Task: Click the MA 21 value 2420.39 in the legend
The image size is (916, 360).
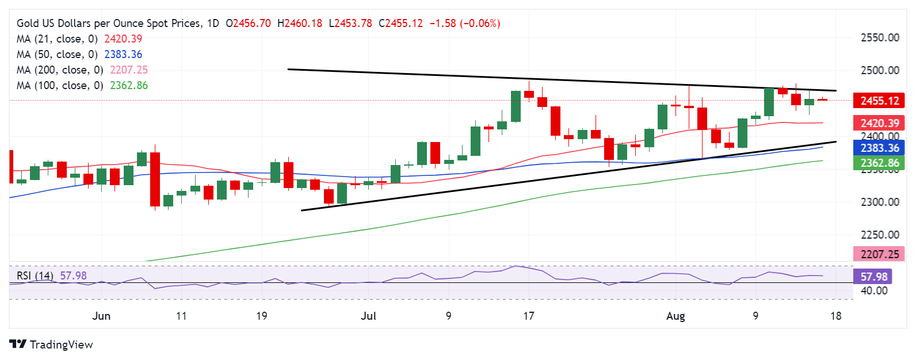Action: coord(123,39)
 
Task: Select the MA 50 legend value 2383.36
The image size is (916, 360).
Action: coord(123,55)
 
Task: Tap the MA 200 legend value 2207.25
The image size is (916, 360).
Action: coord(126,70)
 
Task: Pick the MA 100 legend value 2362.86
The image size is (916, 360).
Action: coord(126,86)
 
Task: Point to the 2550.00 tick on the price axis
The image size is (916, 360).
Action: coord(880,38)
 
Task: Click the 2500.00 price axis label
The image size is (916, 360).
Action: coord(880,71)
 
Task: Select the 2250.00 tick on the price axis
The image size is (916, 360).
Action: coord(880,235)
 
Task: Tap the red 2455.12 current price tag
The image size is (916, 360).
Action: coord(879,101)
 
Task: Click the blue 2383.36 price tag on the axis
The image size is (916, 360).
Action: coord(879,148)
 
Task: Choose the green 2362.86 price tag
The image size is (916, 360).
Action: coord(879,163)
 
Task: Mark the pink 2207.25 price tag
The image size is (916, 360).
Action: coord(879,254)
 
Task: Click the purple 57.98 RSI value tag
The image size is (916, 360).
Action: coord(874,277)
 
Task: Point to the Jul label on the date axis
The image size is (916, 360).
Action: coord(368,316)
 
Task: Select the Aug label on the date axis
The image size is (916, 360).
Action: coord(675,316)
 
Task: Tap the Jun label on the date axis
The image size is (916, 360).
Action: coord(101,316)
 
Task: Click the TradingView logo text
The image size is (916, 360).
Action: coord(61,344)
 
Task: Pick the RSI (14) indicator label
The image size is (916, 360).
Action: coord(35,276)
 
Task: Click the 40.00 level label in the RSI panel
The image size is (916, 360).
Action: coord(874,291)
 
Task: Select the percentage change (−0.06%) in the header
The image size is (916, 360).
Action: coord(480,24)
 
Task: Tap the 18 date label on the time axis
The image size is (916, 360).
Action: coord(836,316)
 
